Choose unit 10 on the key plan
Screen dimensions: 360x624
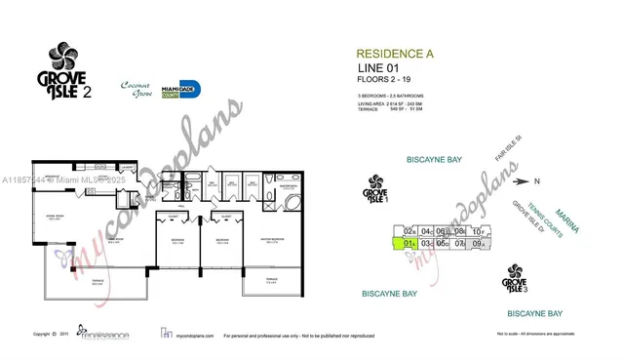point(479,231)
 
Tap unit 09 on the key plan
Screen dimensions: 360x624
point(478,244)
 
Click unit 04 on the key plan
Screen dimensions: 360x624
point(427,231)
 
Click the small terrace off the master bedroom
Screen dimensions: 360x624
point(260,284)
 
